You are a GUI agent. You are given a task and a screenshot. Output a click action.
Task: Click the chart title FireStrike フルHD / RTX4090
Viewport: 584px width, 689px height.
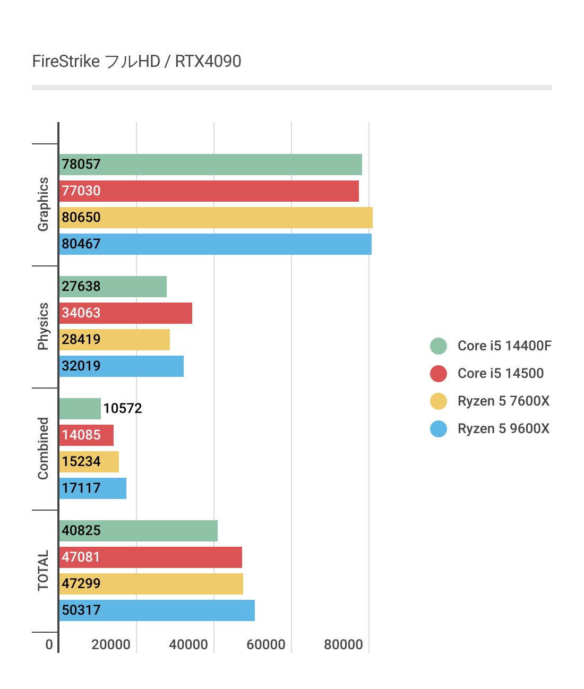click(x=136, y=62)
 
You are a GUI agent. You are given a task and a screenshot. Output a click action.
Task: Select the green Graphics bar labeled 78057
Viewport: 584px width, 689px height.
click(x=210, y=165)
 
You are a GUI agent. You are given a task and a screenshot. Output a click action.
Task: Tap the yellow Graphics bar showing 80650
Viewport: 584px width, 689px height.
click(x=216, y=218)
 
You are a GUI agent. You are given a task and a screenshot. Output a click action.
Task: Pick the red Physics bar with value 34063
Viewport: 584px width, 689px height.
click(x=125, y=313)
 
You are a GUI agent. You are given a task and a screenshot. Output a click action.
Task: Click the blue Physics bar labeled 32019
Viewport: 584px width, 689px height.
click(x=121, y=366)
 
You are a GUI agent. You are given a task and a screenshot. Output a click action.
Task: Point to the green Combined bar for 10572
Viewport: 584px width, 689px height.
click(x=80, y=409)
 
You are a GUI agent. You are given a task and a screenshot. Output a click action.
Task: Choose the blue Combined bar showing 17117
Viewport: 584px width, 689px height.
click(x=92, y=488)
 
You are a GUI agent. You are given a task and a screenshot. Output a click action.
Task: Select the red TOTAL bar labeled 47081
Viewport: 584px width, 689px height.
click(x=150, y=557)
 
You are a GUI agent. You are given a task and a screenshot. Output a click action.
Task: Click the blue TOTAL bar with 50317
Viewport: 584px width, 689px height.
click(x=157, y=610)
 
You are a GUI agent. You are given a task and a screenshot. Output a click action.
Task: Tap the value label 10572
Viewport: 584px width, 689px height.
click(x=123, y=409)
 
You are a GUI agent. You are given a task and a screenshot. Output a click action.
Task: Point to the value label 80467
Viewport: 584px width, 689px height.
click(x=81, y=244)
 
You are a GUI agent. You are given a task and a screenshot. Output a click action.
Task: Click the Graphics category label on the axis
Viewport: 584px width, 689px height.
click(x=43, y=204)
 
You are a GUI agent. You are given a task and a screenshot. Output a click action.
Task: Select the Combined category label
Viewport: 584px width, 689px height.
click(x=43, y=449)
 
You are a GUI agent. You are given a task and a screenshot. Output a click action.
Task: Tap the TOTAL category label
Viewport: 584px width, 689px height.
click(x=43, y=571)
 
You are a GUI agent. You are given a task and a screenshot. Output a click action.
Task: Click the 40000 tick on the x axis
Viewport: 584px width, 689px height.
click(x=188, y=645)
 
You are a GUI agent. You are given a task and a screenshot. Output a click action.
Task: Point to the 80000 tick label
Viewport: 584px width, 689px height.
click(x=343, y=645)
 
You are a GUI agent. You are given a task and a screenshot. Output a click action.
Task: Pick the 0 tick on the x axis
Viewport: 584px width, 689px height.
click(x=49, y=645)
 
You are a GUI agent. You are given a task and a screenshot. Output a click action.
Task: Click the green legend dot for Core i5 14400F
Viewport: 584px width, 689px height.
click(x=439, y=346)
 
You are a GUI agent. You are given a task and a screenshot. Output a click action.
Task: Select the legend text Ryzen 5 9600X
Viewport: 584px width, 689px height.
click(x=503, y=429)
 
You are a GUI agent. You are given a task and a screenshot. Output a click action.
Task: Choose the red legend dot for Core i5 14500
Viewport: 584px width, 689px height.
click(x=439, y=374)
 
